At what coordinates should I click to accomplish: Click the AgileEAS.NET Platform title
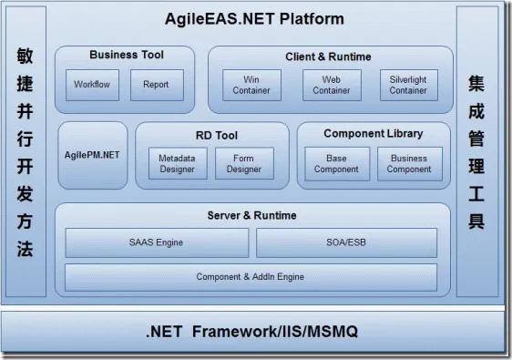[255, 18]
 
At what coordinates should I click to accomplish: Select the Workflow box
[91, 85]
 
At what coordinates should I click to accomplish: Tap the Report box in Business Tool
[156, 85]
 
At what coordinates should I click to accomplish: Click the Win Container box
[251, 85]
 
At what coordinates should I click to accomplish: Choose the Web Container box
[331, 85]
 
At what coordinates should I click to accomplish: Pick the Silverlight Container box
[407, 85]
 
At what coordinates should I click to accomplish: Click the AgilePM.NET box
[92, 155]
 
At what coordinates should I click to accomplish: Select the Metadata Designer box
[177, 164]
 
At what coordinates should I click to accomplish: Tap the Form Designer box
[243, 164]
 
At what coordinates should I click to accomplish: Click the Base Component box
[336, 164]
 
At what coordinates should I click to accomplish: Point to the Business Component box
[408, 164]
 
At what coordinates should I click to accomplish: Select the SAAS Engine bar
[156, 242]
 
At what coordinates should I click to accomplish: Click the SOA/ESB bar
[346, 242]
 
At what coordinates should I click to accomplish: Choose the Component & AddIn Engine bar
[251, 276]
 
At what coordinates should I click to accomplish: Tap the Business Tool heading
[127, 55]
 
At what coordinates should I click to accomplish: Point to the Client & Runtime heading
[328, 57]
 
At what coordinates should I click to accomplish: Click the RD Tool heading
[215, 135]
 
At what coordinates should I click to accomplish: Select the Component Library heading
[373, 134]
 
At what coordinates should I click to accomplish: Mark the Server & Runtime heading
[251, 215]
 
